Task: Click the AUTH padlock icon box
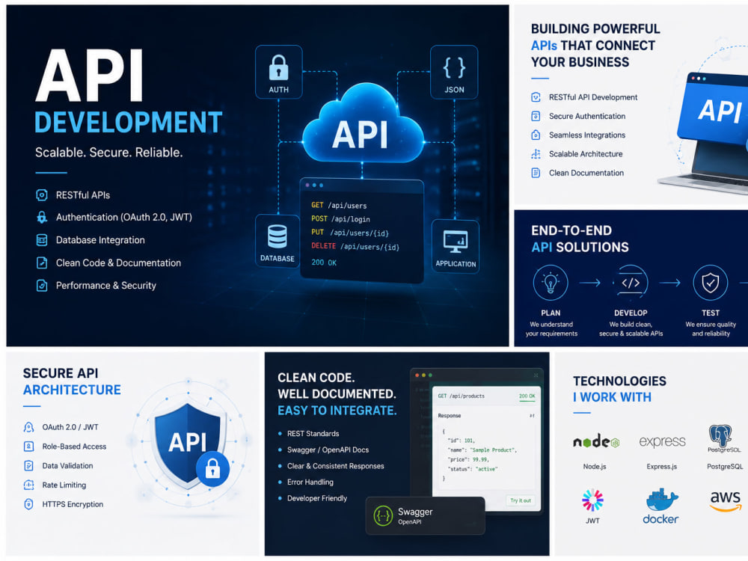(x=278, y=72)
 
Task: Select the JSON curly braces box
(x=454, y=72)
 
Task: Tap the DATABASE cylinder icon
(x=278, y=236)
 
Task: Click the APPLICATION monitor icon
(x=456, y=242)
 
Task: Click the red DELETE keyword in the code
(x=323, y=246)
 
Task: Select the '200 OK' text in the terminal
(x=324, y=263)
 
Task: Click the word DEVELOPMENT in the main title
(x=129, y=122)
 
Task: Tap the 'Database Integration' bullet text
(x=100, y=240)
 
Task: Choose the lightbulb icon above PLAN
(x=551, y=283)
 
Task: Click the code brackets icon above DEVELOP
(x=631, y=283)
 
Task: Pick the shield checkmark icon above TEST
(x=711, y=283)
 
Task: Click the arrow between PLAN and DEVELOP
(x=590, y=283)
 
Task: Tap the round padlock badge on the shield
(x=212, y=469)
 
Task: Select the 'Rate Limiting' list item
(x=64, y=485)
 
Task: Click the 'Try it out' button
(x=521, y=500)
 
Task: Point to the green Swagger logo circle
(x=383, y=515)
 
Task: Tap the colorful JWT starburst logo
(x=592, y=500)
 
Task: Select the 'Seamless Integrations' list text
(x=587, y=135)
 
